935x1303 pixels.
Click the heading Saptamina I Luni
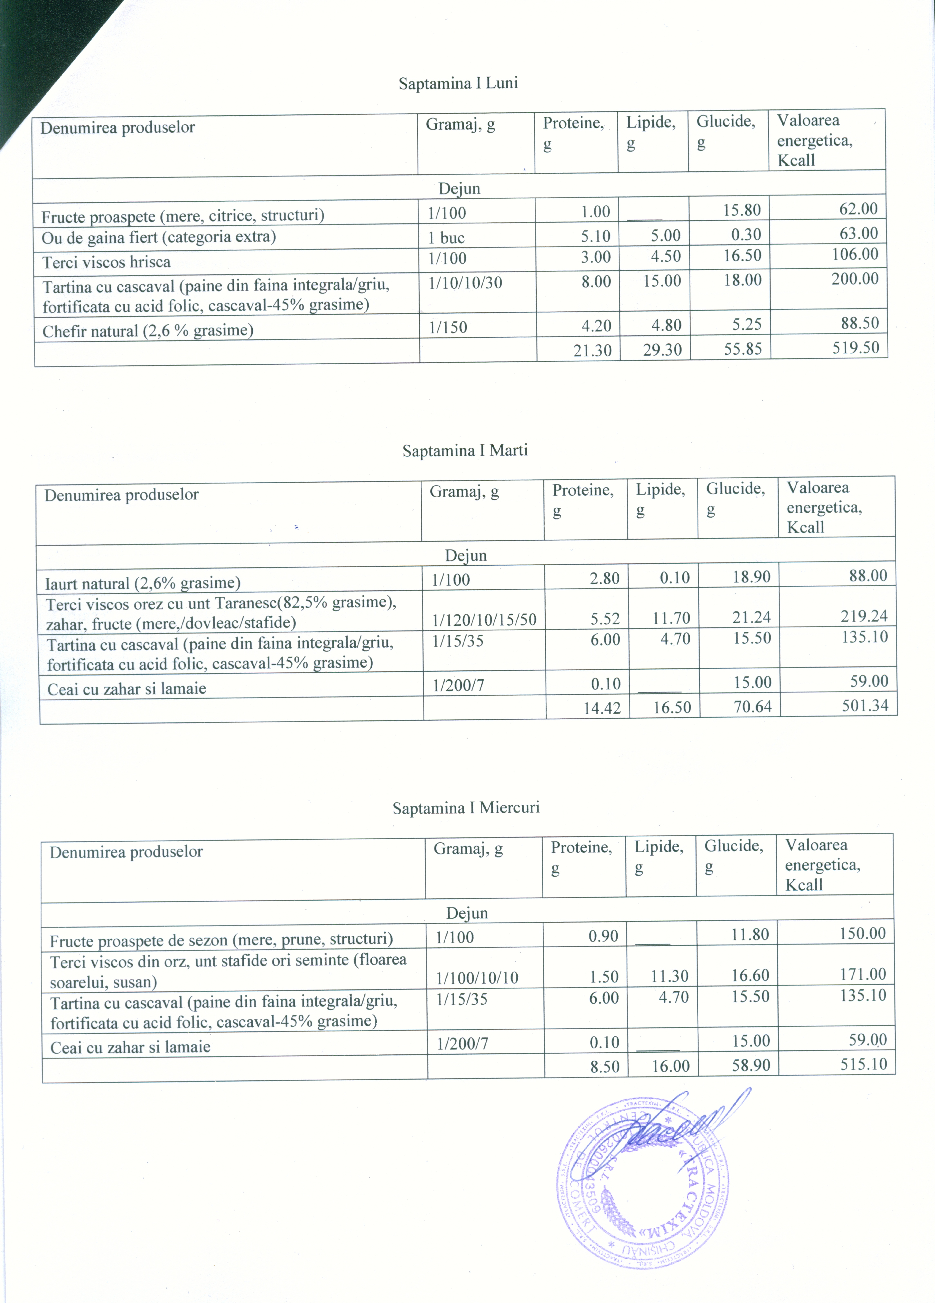(458, 83)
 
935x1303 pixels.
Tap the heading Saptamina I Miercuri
(466, 808)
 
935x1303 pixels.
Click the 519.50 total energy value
(856, 348)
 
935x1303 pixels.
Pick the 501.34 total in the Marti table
(865, 706)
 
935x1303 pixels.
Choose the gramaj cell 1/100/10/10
(477, 978)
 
